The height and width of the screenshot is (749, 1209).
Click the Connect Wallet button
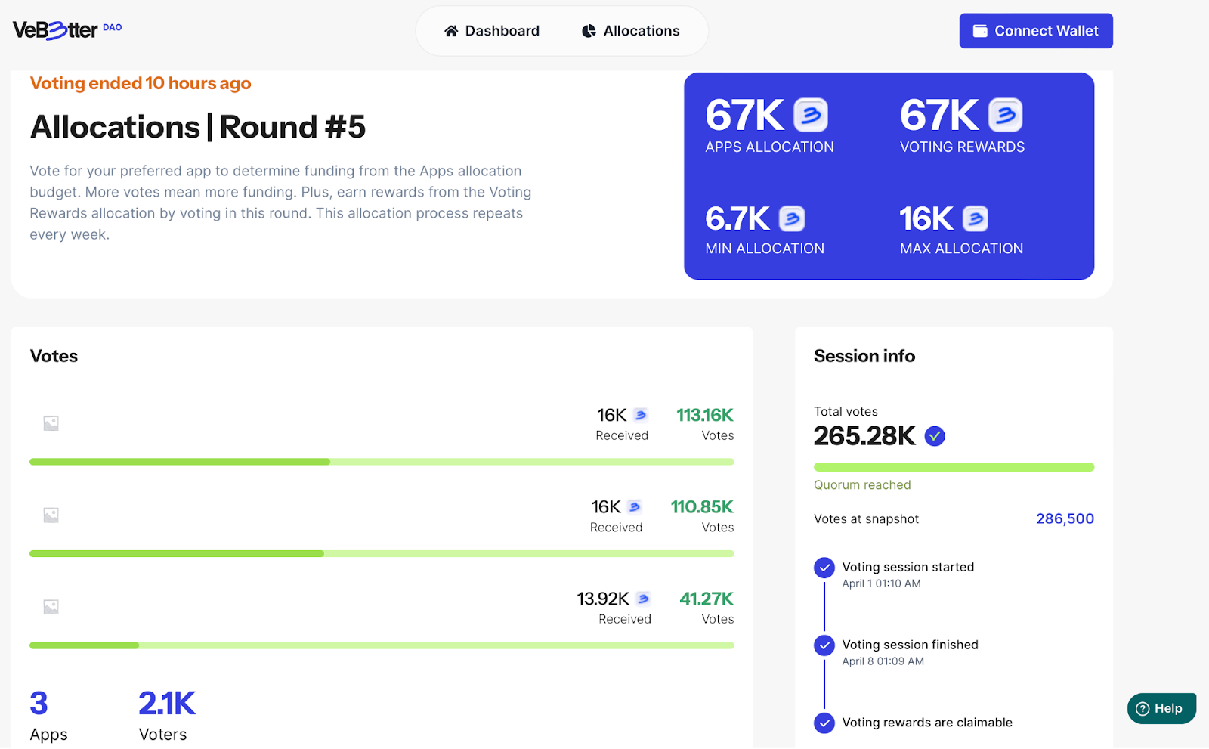[1035, 31]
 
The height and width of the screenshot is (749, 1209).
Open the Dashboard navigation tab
[492, 31]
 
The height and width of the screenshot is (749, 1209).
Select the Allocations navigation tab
[631, 31]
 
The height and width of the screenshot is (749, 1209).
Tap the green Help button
[1161, 708]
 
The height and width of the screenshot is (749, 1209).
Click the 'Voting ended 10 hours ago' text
[141, 83]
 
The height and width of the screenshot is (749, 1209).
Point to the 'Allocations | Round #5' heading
[198, 127]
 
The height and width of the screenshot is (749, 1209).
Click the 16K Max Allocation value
[926, 219]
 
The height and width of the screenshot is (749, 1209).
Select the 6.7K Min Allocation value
[737, 219]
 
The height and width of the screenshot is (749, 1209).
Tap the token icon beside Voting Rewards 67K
[1005, 115]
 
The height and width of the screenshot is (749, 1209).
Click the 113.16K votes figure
[704, 415]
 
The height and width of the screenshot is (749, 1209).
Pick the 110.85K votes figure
[702, 506]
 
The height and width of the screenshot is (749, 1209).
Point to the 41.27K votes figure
[707, 599]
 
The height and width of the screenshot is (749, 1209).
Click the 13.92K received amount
[603, 599]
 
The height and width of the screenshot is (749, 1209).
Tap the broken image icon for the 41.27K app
[51, 607]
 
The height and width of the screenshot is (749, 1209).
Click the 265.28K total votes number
[864, 436]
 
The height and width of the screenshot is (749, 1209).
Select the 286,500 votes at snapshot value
[1065, 518]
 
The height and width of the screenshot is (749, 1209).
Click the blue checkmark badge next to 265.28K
[935, 436]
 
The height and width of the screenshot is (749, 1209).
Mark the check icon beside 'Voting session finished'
[824, 645]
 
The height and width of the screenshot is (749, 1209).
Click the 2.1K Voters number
[167, 704]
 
